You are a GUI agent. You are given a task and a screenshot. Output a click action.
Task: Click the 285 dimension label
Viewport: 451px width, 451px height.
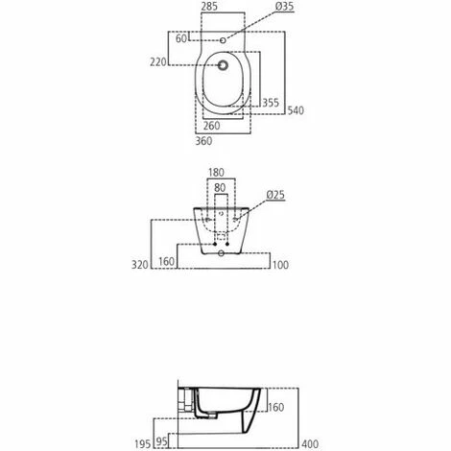[210, 7]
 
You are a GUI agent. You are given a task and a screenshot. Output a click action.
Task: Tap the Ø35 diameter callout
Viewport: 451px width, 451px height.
[284, 7]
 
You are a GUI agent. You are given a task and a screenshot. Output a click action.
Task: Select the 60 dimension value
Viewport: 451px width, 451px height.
[181, 38]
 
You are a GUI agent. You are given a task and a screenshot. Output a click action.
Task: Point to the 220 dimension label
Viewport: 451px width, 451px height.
[158, 62]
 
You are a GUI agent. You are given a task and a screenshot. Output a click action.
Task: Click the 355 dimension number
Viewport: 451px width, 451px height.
[271, 103]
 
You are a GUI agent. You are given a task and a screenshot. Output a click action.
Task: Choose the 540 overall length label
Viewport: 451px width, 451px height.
[296, 110]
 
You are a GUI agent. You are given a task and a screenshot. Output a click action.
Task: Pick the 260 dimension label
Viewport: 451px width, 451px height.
[212, 126]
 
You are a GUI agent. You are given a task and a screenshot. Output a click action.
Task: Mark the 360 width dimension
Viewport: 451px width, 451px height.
[203, 141]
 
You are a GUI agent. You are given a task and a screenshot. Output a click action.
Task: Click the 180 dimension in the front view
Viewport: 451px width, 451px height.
[216, 173]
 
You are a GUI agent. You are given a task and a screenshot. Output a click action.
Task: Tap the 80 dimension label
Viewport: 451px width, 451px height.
[220, 187]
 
